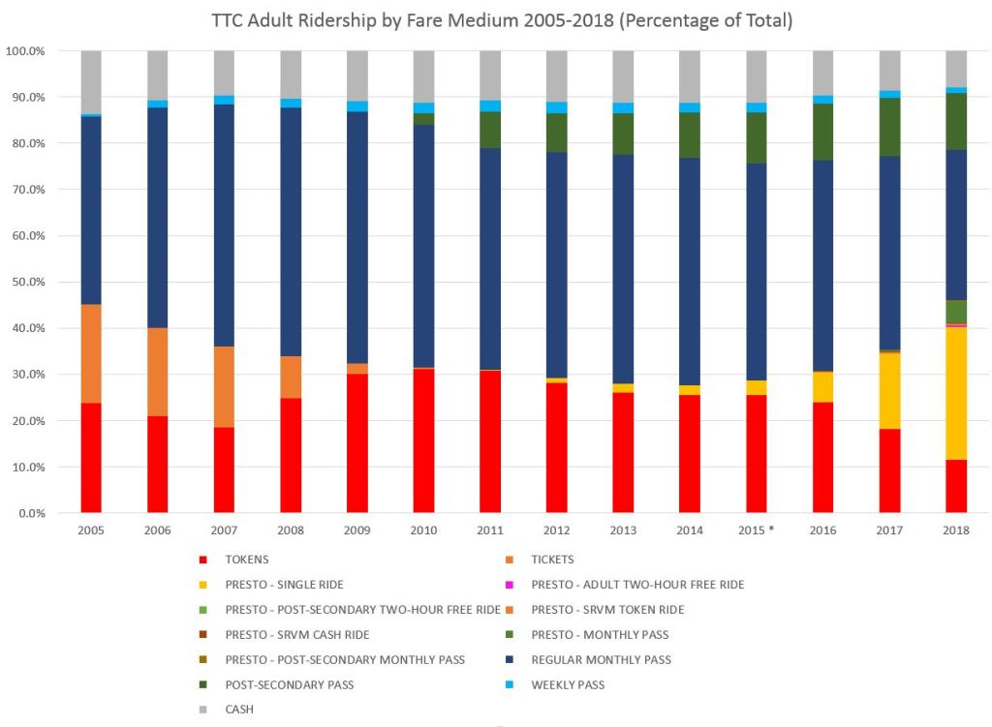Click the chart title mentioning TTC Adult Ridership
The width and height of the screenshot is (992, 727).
502,21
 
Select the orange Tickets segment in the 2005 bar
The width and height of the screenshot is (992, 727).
91,353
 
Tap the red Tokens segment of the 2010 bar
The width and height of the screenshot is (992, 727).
423,440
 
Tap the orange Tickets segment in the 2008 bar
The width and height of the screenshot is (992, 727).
291,377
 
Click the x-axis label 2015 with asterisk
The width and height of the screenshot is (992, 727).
757,530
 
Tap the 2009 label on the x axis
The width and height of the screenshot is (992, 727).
356,530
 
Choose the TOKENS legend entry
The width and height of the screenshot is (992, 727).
246,560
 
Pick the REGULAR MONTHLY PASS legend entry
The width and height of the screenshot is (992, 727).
601,659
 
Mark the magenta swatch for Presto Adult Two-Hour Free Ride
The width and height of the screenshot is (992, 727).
508,585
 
